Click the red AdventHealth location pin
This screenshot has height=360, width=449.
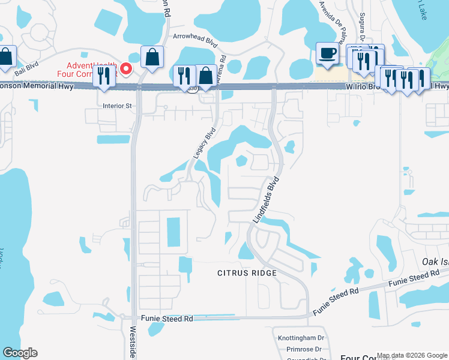(x=126, y=69)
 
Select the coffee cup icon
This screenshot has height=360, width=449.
(x=328, y=53)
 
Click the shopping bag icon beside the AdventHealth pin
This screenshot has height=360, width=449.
(x=152, y=57)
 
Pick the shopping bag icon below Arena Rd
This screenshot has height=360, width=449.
(x=205, y=76)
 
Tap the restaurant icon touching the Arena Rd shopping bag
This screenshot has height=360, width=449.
(x=184, y=76)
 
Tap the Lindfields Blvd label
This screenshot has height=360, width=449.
(x=266, y=200)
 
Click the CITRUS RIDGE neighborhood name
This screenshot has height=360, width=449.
(x=247, y=273)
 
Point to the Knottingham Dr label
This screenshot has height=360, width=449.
(x=300, y=338)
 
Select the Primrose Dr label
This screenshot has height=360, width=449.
(x=304, y=349)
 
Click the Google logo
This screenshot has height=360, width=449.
(x=20, y=353)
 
